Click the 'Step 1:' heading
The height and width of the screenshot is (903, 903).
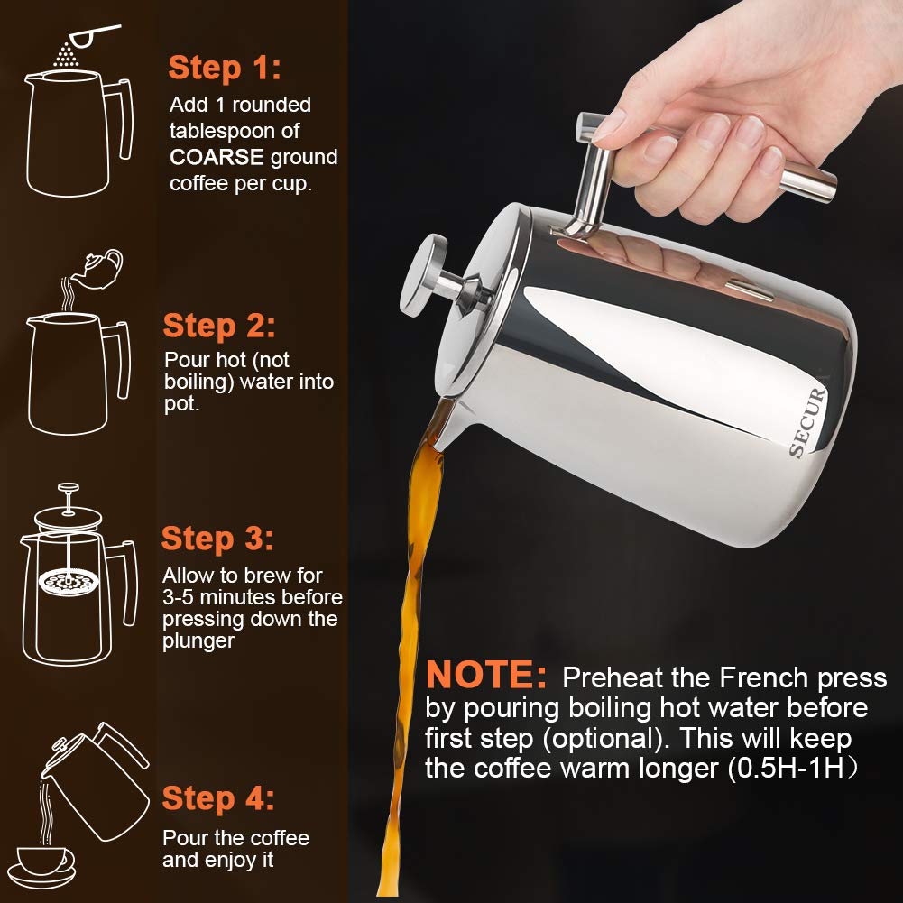tap(225, 68)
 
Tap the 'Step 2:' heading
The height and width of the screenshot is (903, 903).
tap(219, 326)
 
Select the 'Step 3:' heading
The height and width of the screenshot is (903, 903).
tap(217, 539)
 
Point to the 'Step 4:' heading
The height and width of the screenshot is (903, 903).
tap(218, 798)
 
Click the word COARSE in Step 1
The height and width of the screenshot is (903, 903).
tap(217, 158)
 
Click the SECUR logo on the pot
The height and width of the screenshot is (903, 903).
tap(808, 422)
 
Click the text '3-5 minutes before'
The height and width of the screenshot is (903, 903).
tap(253, 597)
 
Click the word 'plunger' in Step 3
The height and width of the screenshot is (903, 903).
tap(198, 641)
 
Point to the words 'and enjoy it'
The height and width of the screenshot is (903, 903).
tap(217, 861)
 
